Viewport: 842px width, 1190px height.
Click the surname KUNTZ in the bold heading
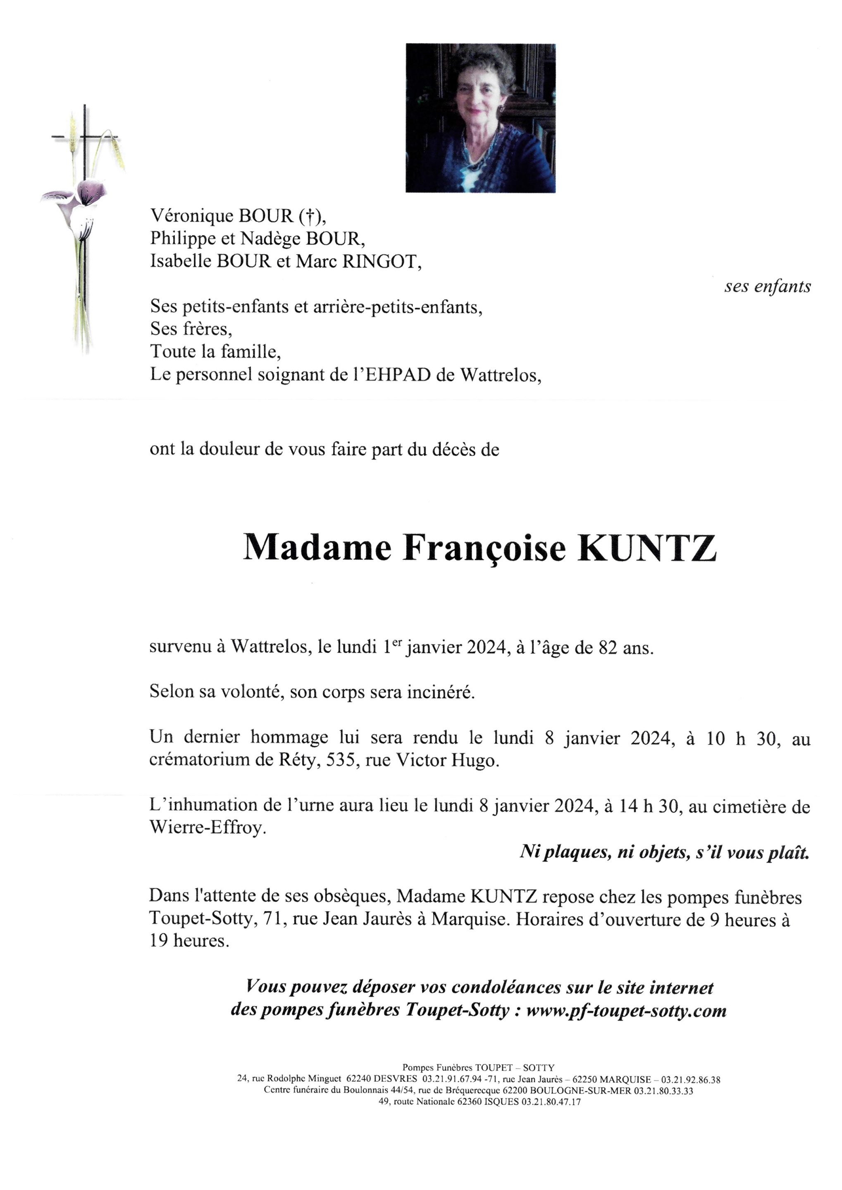(647, 548)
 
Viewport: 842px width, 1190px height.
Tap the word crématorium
(190, 760)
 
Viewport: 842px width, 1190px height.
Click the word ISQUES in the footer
(501, 1102)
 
